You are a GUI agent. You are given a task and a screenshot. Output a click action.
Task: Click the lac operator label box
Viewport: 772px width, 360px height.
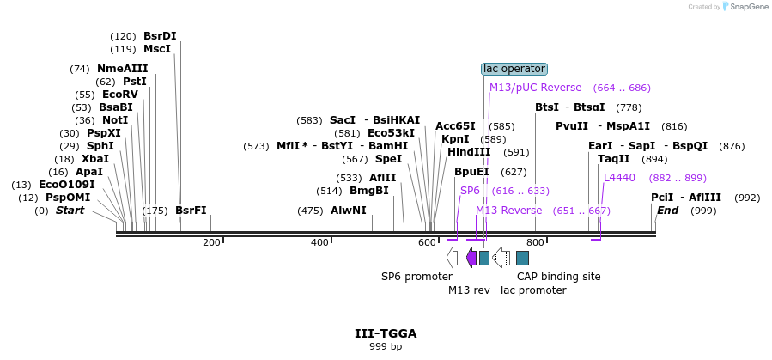514,69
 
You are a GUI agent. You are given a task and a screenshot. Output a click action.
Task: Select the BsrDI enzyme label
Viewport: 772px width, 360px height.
160,36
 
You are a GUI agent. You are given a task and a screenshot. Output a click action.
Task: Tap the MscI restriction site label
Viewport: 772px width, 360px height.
157,49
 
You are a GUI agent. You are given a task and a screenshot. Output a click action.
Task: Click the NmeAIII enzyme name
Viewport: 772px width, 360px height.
122,69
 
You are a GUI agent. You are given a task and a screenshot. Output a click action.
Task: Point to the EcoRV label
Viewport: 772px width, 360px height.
119,95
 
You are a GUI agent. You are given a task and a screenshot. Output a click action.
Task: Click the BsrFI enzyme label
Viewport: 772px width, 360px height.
191,211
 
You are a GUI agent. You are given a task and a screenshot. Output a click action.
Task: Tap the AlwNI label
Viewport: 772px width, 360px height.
349,211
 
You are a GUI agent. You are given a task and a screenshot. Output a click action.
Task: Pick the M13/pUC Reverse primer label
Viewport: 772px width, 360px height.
535,88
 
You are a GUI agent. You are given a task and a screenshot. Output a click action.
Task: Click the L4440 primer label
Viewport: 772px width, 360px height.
619,178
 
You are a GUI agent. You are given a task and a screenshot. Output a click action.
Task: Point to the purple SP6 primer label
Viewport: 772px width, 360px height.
470,191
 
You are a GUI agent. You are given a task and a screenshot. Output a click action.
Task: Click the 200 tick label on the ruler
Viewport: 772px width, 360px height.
211,243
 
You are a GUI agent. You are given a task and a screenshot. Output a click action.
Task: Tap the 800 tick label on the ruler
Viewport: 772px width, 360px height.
535,243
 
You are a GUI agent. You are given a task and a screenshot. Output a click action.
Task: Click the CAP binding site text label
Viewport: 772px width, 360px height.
558,277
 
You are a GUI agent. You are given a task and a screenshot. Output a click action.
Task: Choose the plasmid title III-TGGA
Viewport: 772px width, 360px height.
386,333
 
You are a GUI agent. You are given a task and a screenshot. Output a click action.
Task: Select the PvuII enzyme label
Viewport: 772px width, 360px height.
572,126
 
